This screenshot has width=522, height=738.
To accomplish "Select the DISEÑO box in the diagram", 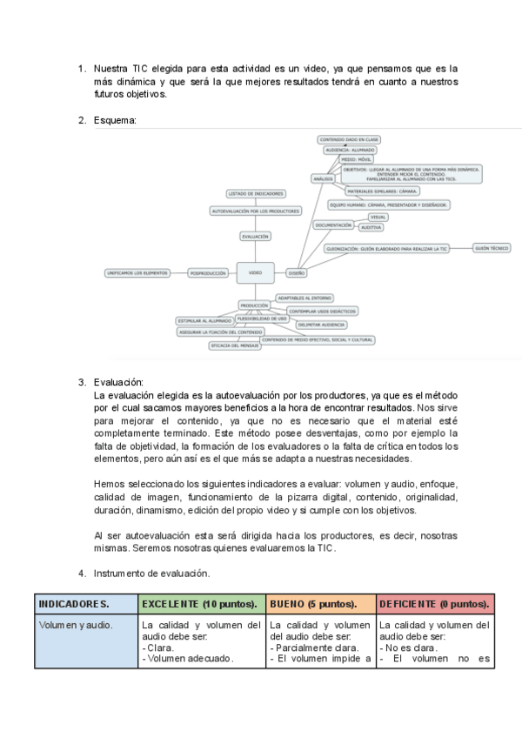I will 297,272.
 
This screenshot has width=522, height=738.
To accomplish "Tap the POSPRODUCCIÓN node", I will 208,272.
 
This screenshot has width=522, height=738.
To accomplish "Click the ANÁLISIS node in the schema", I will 322,178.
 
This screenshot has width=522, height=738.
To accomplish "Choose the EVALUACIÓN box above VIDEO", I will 255,236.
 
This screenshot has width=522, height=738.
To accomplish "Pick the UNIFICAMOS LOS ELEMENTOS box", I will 137,272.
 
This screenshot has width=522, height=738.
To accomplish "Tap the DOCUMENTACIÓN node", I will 333,225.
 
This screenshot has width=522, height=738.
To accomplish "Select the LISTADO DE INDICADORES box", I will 254,193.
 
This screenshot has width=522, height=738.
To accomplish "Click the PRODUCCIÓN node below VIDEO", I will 254,305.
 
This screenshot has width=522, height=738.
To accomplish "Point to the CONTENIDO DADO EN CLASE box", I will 349,139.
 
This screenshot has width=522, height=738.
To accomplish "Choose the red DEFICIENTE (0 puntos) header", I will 436,603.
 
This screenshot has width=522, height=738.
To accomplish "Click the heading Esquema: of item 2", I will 115,120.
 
